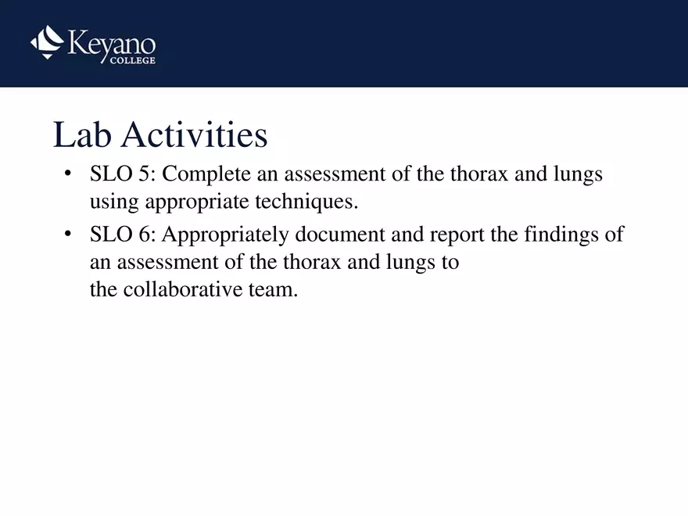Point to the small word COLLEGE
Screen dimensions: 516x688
click(132, 61)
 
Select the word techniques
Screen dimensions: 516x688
click(306, 202)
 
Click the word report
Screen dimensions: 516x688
click(457, 234)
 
